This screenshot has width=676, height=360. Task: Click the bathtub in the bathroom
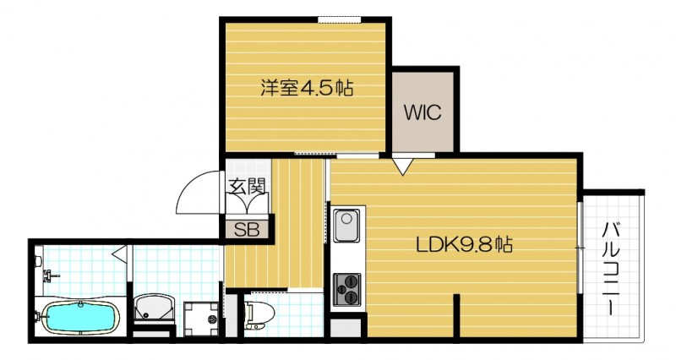tap(80, 318)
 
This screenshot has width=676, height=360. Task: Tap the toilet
tap(256, 314)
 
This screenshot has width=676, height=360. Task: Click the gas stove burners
tap(347, 290)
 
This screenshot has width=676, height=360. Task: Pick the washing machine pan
tap(199, 317)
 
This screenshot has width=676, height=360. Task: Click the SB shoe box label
tap(247, 227)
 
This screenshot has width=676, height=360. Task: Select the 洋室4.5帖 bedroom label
tap(305, 86)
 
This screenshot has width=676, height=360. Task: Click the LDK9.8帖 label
tap(464, 246)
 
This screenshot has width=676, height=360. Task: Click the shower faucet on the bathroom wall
tap(51, 275)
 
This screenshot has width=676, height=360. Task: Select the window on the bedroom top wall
tap(341, 19)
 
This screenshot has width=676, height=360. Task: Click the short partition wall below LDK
tap(457, 317)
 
